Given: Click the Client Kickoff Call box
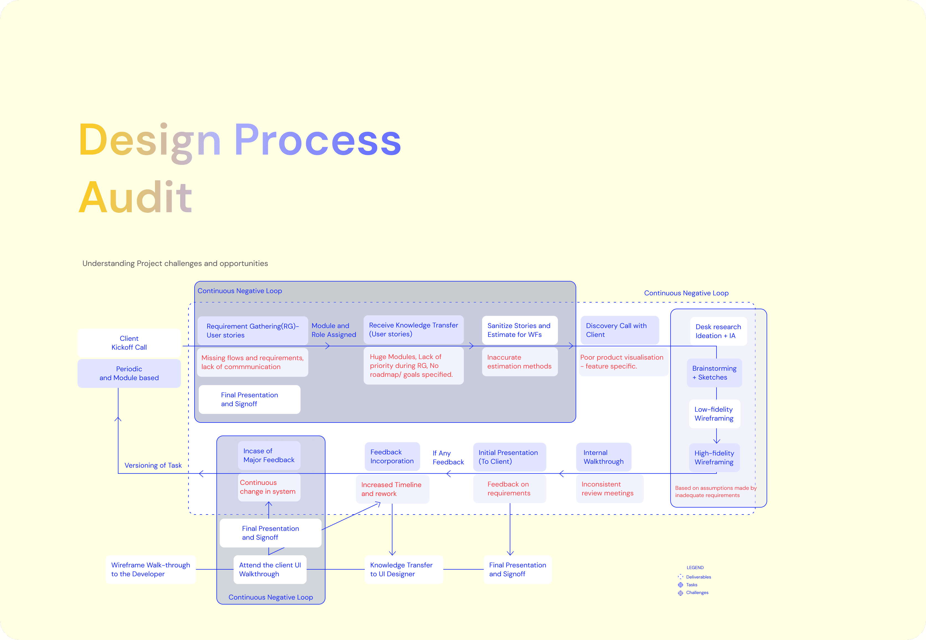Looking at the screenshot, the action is point(129,343).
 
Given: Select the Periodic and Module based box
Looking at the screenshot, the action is point(129,373).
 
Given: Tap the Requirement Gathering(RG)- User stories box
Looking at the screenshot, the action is point(253,331).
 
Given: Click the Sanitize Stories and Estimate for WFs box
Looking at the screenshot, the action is point(519,330).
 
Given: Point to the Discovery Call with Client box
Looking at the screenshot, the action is point(619,330).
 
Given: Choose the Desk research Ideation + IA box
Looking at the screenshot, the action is point(718,331).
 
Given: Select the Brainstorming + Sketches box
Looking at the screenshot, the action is point(714,373).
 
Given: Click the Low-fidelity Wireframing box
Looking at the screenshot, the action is point(714,414).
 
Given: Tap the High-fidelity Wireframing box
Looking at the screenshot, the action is point(714,457).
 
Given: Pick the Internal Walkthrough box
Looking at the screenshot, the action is point(604,457).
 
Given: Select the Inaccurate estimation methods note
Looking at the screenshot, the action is point(519,362).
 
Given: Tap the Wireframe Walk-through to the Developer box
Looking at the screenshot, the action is point(151,569).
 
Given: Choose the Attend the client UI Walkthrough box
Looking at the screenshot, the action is point(270,569).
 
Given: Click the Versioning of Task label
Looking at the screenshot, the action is point(153,465).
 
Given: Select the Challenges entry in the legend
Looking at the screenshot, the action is point(697,593).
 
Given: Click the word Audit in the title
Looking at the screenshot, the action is point(135,197).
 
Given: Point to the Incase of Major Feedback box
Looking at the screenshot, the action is point(269,455).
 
